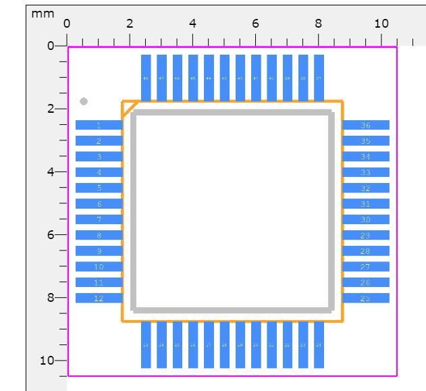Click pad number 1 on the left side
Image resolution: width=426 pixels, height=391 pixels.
click(x=99, y=125)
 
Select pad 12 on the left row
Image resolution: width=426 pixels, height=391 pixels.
click(x=99, y=298)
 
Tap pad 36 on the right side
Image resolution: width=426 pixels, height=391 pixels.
click(x=366, y=125)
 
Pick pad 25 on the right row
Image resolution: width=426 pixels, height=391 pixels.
click(x=366, y=298)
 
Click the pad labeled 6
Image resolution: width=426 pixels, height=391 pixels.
click(x=99, y=203)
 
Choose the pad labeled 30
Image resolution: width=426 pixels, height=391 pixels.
click(x=366, y=219)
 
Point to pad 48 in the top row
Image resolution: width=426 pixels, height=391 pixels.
click(x=146, y=78)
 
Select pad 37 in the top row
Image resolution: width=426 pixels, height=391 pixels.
click(x=319, y=78)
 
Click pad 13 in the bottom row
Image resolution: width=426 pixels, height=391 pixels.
click(x=146, y=345)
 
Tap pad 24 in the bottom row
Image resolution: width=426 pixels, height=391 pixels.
click(x=319, y=345)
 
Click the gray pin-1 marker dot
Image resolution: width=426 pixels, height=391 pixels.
click(x=84, y=101)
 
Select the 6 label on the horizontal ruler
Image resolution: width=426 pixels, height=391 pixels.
click(x=255, y=23)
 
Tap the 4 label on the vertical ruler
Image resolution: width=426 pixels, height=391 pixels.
click(x=49, y=172)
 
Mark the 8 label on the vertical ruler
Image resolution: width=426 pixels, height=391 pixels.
click(x=49, y=297)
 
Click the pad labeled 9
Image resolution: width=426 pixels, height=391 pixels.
click(x=99, y=251)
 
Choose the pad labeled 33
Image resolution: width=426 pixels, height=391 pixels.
click(x=366, y=172)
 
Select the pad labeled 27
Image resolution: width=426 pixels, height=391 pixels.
click(x=366, y=266)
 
